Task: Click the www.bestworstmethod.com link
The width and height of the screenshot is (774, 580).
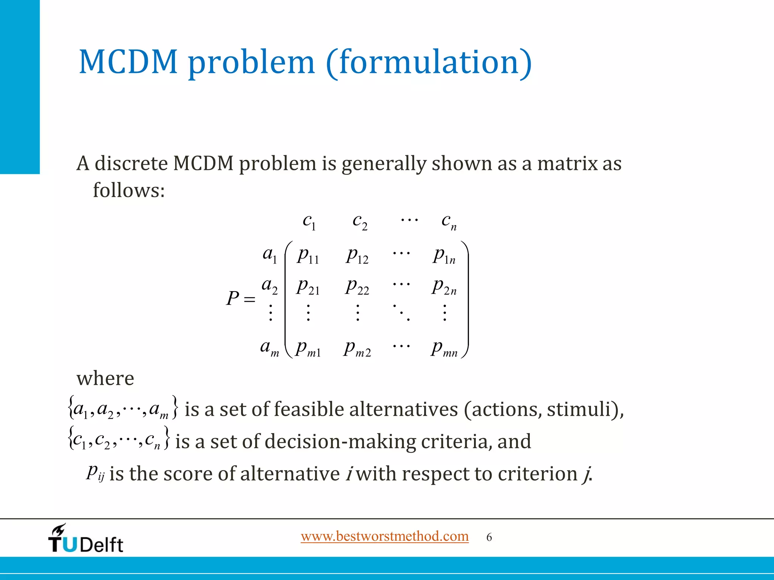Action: coord(384,536)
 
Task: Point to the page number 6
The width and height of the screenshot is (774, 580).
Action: coord(489,537)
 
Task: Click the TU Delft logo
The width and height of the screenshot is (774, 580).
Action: coord(86,539)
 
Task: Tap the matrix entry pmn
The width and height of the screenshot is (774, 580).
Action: coord(444,348)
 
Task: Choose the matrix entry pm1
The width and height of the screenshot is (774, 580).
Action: coord(308,348)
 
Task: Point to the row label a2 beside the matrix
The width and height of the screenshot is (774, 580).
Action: coord(269,285)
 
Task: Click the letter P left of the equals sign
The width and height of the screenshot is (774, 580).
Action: coord(232,299)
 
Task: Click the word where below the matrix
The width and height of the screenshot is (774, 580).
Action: coord(105,378)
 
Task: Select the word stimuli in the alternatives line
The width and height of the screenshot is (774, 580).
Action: coord(579,409)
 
